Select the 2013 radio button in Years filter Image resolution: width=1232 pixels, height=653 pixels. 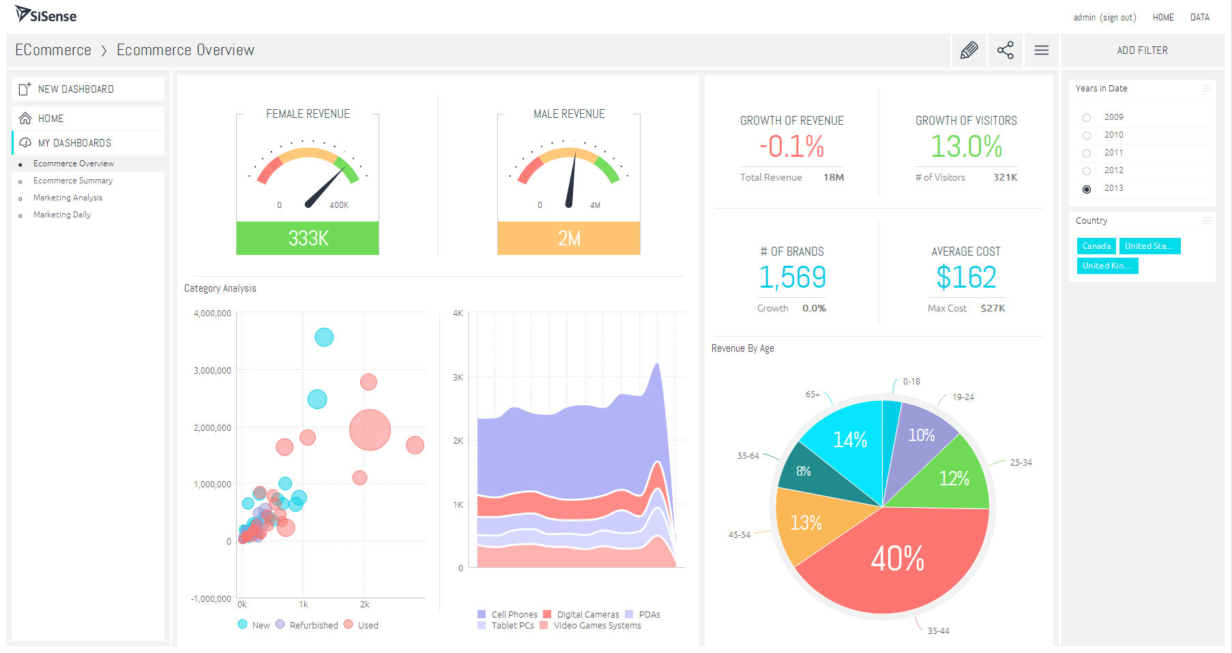pos(1087,189)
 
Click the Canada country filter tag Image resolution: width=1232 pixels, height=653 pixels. pos(1096,246)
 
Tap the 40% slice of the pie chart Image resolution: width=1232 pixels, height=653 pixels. pos(897,559)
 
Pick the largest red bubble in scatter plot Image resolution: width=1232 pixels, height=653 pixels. pos(370,430)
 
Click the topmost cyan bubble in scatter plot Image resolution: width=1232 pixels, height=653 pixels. pos(324,337)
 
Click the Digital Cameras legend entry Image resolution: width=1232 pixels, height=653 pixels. pos(587,614)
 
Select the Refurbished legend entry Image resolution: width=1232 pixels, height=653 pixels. pos(313,625)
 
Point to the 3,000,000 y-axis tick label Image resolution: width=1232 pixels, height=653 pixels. pos(212,371)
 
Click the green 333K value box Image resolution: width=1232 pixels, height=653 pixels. pos(308,238)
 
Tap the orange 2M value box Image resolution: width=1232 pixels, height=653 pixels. pos(569,238)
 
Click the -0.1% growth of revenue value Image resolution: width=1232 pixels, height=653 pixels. pos(792,147)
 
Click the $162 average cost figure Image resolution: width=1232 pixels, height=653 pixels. pos(966,277)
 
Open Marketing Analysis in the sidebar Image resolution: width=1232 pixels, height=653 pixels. pos(68,198)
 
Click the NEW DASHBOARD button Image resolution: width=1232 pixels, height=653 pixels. pos(76,89)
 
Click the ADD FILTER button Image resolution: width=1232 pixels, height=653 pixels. pos(1142,50)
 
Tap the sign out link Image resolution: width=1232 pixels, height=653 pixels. pos(1118,18)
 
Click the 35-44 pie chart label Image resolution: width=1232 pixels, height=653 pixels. pos(938,631)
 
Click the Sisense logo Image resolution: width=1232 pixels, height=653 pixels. pos(46,14)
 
